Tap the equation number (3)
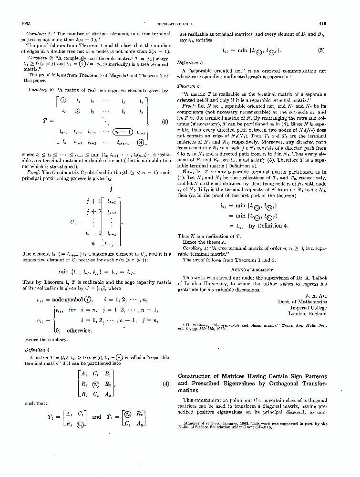coord(165,122)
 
